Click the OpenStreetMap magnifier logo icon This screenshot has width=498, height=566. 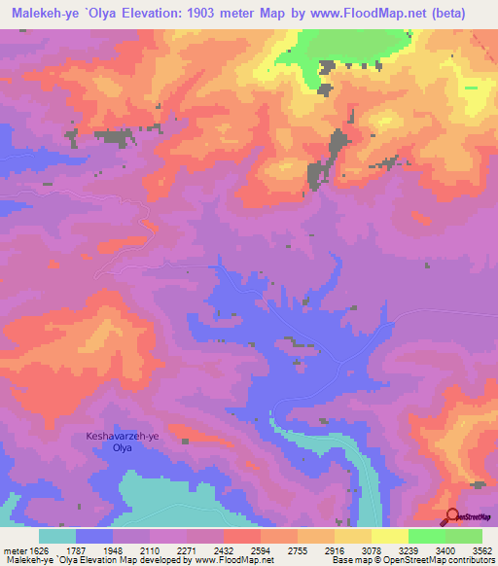(x=451, y=516)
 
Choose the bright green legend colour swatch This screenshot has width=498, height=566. (x=426, y=536)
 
